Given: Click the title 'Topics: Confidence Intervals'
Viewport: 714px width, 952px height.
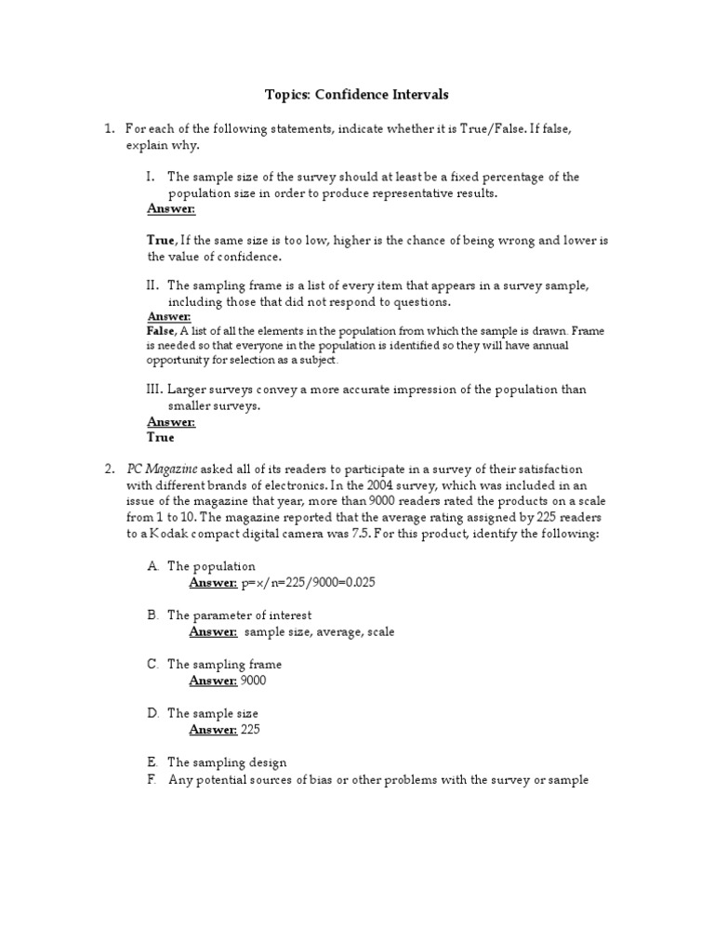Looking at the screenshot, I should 357,94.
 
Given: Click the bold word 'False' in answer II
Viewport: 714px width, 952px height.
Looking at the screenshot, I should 162,330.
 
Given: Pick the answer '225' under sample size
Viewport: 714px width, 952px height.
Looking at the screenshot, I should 250,730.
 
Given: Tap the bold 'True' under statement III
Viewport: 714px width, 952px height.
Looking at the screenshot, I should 161,436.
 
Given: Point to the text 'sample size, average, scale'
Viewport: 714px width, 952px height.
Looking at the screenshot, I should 320,632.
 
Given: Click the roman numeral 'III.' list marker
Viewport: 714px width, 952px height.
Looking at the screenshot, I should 154,390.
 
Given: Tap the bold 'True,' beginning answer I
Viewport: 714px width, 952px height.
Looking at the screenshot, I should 163,240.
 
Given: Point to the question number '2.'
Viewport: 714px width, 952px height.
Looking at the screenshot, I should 109,469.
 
